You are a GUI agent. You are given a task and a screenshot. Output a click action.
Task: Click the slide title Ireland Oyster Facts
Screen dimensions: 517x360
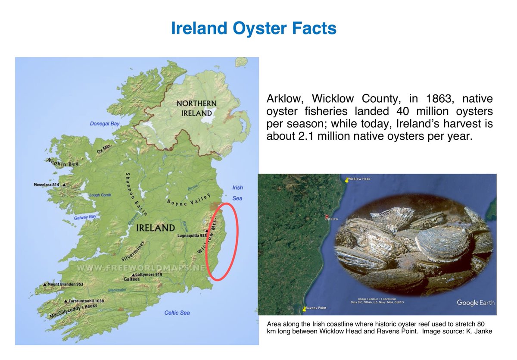click(x=253, y=28)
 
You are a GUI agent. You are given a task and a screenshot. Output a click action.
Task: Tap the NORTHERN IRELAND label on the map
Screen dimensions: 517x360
click(x=196, y=108)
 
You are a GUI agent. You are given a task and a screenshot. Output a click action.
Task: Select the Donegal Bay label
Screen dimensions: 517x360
click(x=105, y=124)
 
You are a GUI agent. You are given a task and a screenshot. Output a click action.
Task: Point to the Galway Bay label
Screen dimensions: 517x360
click(x=85, y=218)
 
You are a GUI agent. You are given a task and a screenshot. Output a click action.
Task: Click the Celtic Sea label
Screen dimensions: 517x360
click(x=177, y=313)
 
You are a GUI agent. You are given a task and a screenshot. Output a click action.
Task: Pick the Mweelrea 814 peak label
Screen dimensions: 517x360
click(x=49, y=185)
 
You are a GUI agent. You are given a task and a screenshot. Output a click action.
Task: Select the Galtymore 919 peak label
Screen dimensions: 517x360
click(x=146, y=275)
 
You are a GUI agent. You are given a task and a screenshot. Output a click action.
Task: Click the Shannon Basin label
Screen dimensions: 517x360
click(x=137, y=194)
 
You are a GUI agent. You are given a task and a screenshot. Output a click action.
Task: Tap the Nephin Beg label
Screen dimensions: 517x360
click(x=62, y=163)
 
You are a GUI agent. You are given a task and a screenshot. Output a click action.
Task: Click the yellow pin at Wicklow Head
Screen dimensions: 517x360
click(x=346, y=180)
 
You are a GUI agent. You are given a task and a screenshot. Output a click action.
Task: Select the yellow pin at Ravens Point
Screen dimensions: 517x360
click(x=305, y=309)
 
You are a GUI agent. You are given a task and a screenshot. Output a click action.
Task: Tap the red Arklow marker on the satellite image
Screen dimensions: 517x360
click(x=327, y=217)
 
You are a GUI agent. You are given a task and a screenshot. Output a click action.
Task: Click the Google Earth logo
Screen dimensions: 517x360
click(x=475, y=303)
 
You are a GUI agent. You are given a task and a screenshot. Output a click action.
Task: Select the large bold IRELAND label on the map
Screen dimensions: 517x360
click(x=155, y=228)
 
